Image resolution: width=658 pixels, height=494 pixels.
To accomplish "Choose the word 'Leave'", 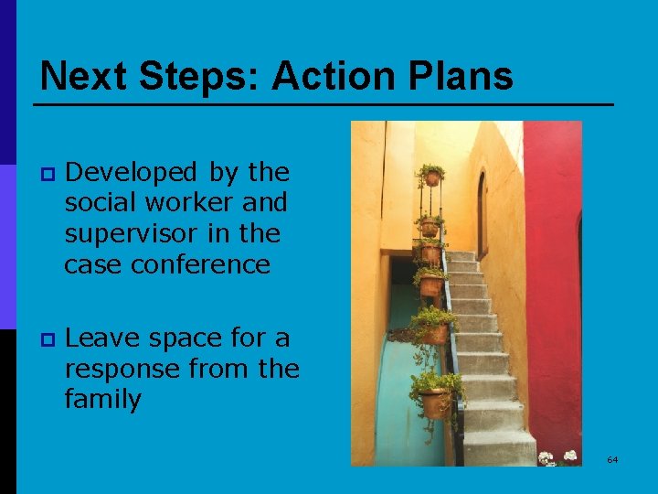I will pos(102,338).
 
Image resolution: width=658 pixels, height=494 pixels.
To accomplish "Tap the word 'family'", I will pos(102,400).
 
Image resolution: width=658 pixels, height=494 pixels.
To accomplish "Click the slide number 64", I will pos(612,459).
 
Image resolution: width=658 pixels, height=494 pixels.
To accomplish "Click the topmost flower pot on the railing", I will pos(431,177).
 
